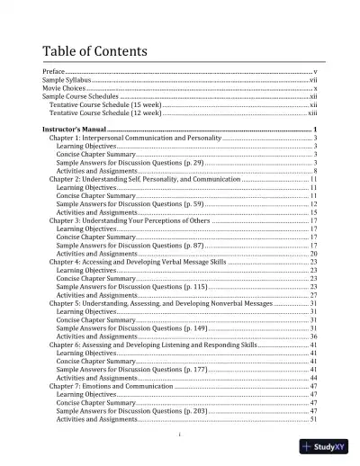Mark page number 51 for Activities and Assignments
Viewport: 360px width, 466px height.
point(312,419)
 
